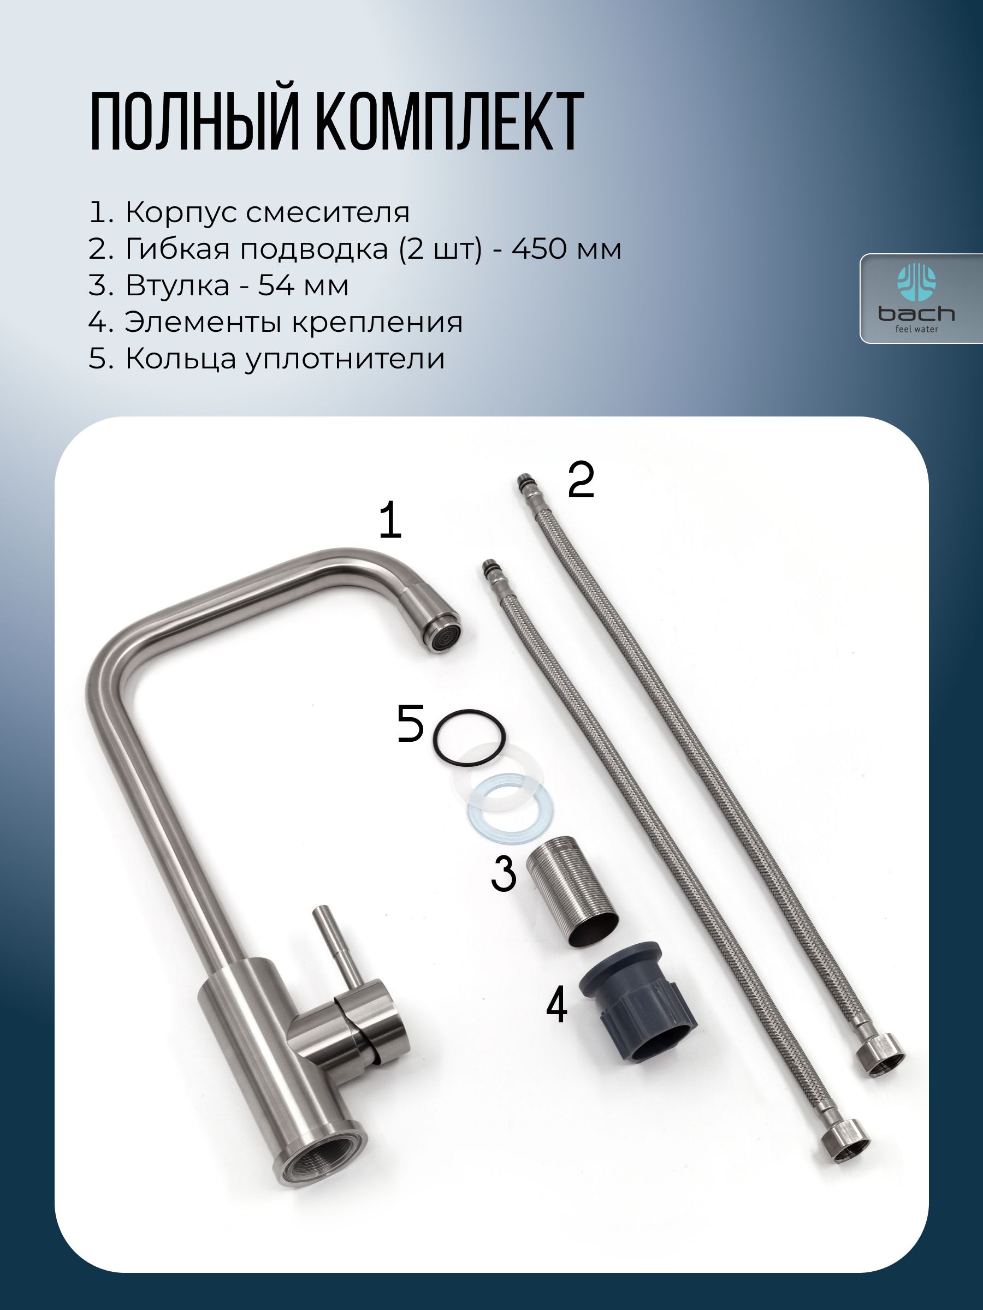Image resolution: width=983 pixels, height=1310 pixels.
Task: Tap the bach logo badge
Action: click(921, 299)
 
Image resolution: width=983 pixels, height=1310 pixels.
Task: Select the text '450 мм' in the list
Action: click(566, 249)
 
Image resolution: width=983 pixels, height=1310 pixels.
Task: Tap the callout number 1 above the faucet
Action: click(390, 520)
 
